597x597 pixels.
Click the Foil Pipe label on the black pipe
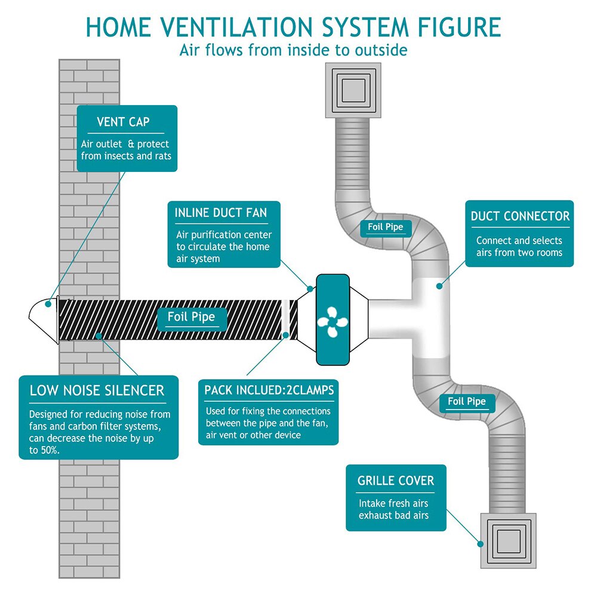coord(190,316)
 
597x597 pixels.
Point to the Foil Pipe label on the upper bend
coord(386,227)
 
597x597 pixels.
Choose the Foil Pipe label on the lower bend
coord(467,401)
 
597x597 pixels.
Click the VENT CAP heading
coord(123,122)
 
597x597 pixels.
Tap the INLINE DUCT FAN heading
coord(221,213)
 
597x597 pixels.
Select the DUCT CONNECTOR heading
coord(520,216)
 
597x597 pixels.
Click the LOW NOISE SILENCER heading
coord(97,391)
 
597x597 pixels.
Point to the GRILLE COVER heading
coord(396,481)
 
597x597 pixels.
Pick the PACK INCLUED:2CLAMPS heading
coord(269,390)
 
